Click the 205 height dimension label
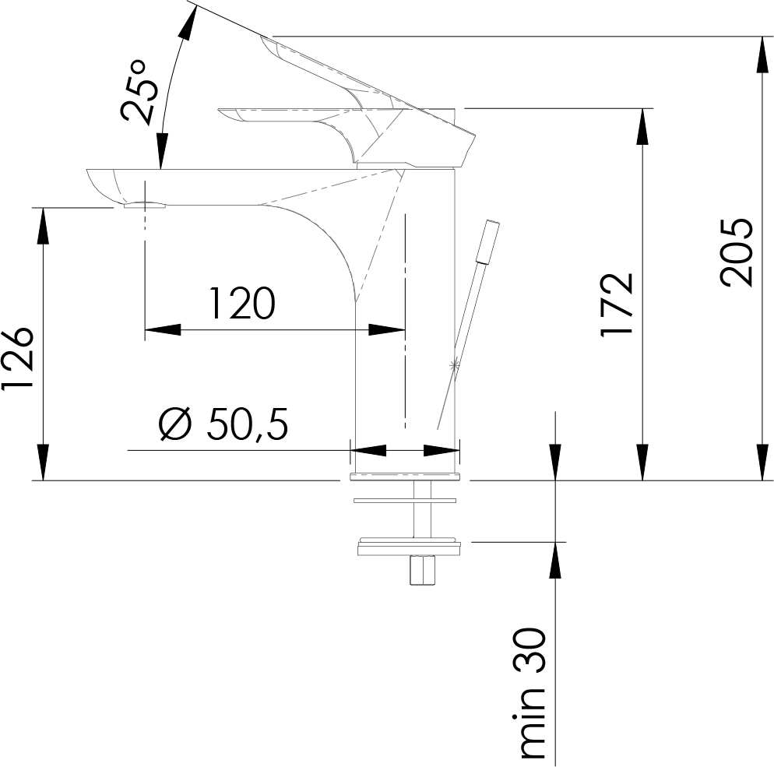737,252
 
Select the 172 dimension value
617,304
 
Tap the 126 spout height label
18,358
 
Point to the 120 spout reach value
241,303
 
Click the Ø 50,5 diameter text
223,424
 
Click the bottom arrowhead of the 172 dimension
642,462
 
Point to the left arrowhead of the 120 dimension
163,329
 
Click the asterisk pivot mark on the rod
454,364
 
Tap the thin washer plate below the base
405,501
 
